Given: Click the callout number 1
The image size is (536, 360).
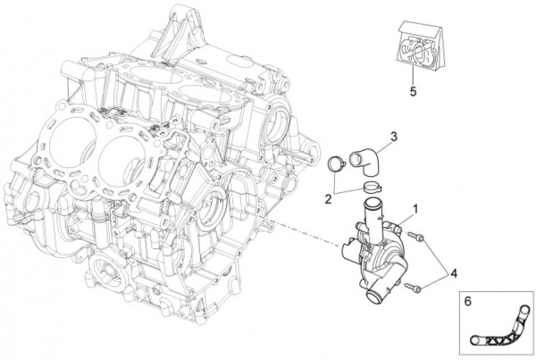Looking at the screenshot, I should (x=414, y=210).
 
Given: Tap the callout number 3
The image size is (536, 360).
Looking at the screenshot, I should (x=393, y=137).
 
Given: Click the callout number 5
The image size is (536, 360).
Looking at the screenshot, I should (x=414, y=90).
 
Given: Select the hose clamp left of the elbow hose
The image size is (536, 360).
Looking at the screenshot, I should (x=337, y=164).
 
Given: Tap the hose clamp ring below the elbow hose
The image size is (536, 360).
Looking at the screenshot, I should (x=373, y=188).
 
